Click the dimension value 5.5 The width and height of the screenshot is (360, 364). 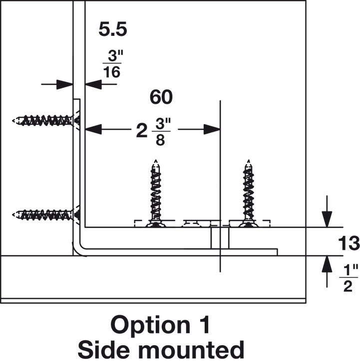[x=112, y=30]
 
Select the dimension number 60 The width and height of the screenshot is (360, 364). [x=161, y=98]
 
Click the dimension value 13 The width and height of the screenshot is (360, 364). [x=349, y=244]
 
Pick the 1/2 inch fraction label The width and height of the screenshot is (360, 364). [x=349, y=278]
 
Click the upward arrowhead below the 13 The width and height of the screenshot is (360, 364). [x=327, y=263]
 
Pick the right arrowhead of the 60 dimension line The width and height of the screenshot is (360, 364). [x=212, y=129]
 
